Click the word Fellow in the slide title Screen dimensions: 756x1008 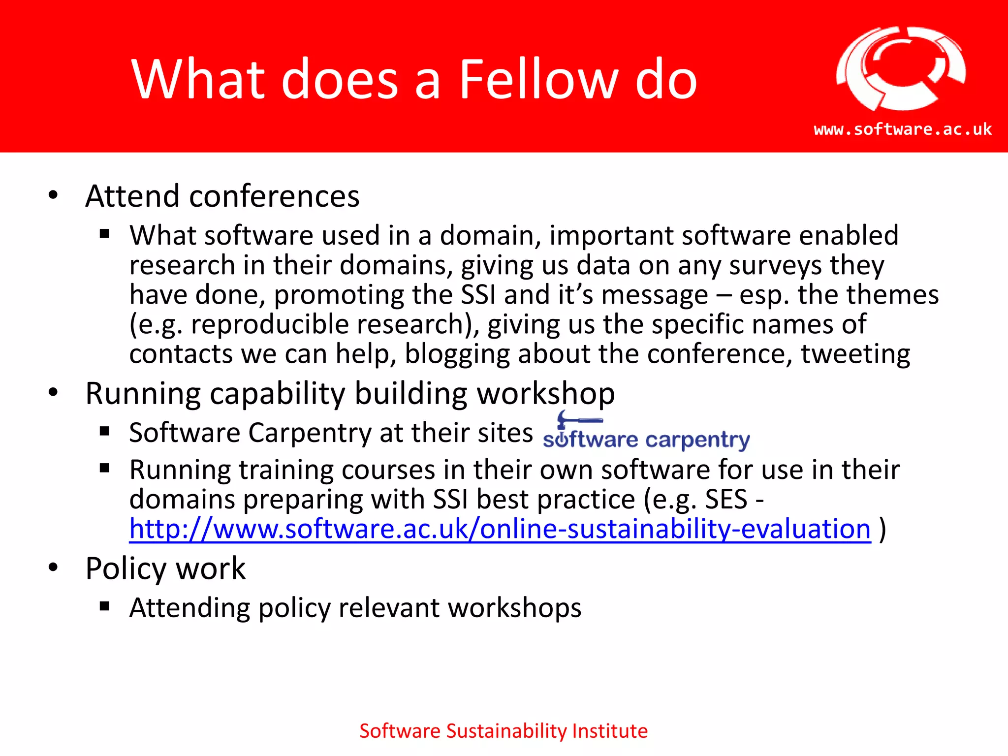pos(538,80)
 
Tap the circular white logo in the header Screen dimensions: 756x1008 pos(901,69)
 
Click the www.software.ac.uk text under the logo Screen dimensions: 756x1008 pos(903,129)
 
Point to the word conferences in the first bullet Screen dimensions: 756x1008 pos(274,196)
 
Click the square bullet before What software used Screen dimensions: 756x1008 pos(104,234)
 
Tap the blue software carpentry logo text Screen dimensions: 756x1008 pos(646,440)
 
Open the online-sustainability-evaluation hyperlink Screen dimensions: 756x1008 pos(500,529)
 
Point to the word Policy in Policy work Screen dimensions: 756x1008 pos(126,569)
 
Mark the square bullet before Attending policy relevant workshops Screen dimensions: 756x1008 pos(104,606)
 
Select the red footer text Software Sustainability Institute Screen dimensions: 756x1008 pos(504,731)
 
